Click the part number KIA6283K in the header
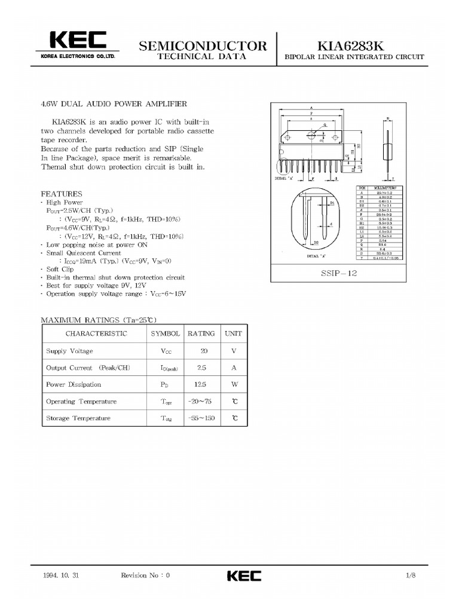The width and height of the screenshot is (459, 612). [x=354, y=45]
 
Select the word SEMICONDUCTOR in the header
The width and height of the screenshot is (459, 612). [x=203, y=45]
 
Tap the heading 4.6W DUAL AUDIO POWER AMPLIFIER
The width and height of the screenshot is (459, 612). [x=114, y=103]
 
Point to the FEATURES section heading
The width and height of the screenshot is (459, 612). [x=62, y=194]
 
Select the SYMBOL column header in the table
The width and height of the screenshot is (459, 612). [x=166, y=333]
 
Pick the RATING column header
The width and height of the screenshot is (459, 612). [x=201, y=333]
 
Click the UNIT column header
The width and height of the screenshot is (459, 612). [x=234, y=333]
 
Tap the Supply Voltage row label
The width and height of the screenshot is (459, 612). [x=69, y=351]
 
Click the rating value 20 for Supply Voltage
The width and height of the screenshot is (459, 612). [x=204, y=351]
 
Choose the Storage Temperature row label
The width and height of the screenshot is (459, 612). [x=78, y=418]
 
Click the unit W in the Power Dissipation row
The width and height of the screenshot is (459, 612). [x=234, y=384]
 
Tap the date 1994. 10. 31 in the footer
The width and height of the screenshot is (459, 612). [x=62, y=576]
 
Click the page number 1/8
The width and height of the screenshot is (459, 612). [x=410, y=576]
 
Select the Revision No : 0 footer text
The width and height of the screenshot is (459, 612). [x=145, y=576]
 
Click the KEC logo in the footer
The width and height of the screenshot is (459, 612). [x=244, y=576]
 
